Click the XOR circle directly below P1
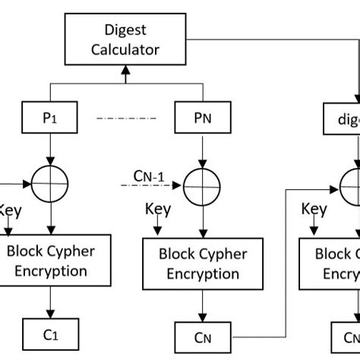[50, 182]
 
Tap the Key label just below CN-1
[157, 208]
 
